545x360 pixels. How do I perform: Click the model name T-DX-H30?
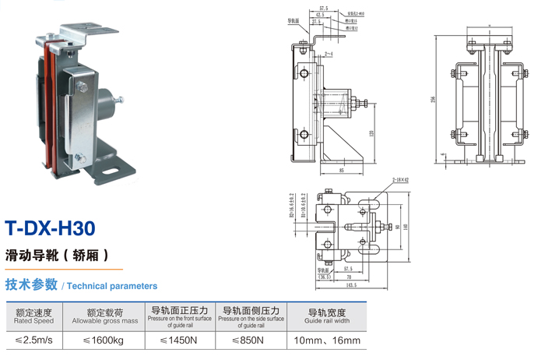[x=51, y=228]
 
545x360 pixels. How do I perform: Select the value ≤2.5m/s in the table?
[x=33, y=341]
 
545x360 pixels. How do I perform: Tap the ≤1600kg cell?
[x=104, y=341]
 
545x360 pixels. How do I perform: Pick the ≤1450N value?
[x=178, y=341]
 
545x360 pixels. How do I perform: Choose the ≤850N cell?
[x=248, y=341]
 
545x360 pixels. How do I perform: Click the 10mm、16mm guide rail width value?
[x=327, y=341]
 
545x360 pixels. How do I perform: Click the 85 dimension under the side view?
[x=343, y=170]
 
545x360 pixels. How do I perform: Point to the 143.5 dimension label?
[x=351, y=285]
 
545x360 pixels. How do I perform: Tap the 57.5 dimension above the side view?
[x=324, y=8]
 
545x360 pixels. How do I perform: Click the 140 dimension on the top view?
[x=406, y=227]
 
